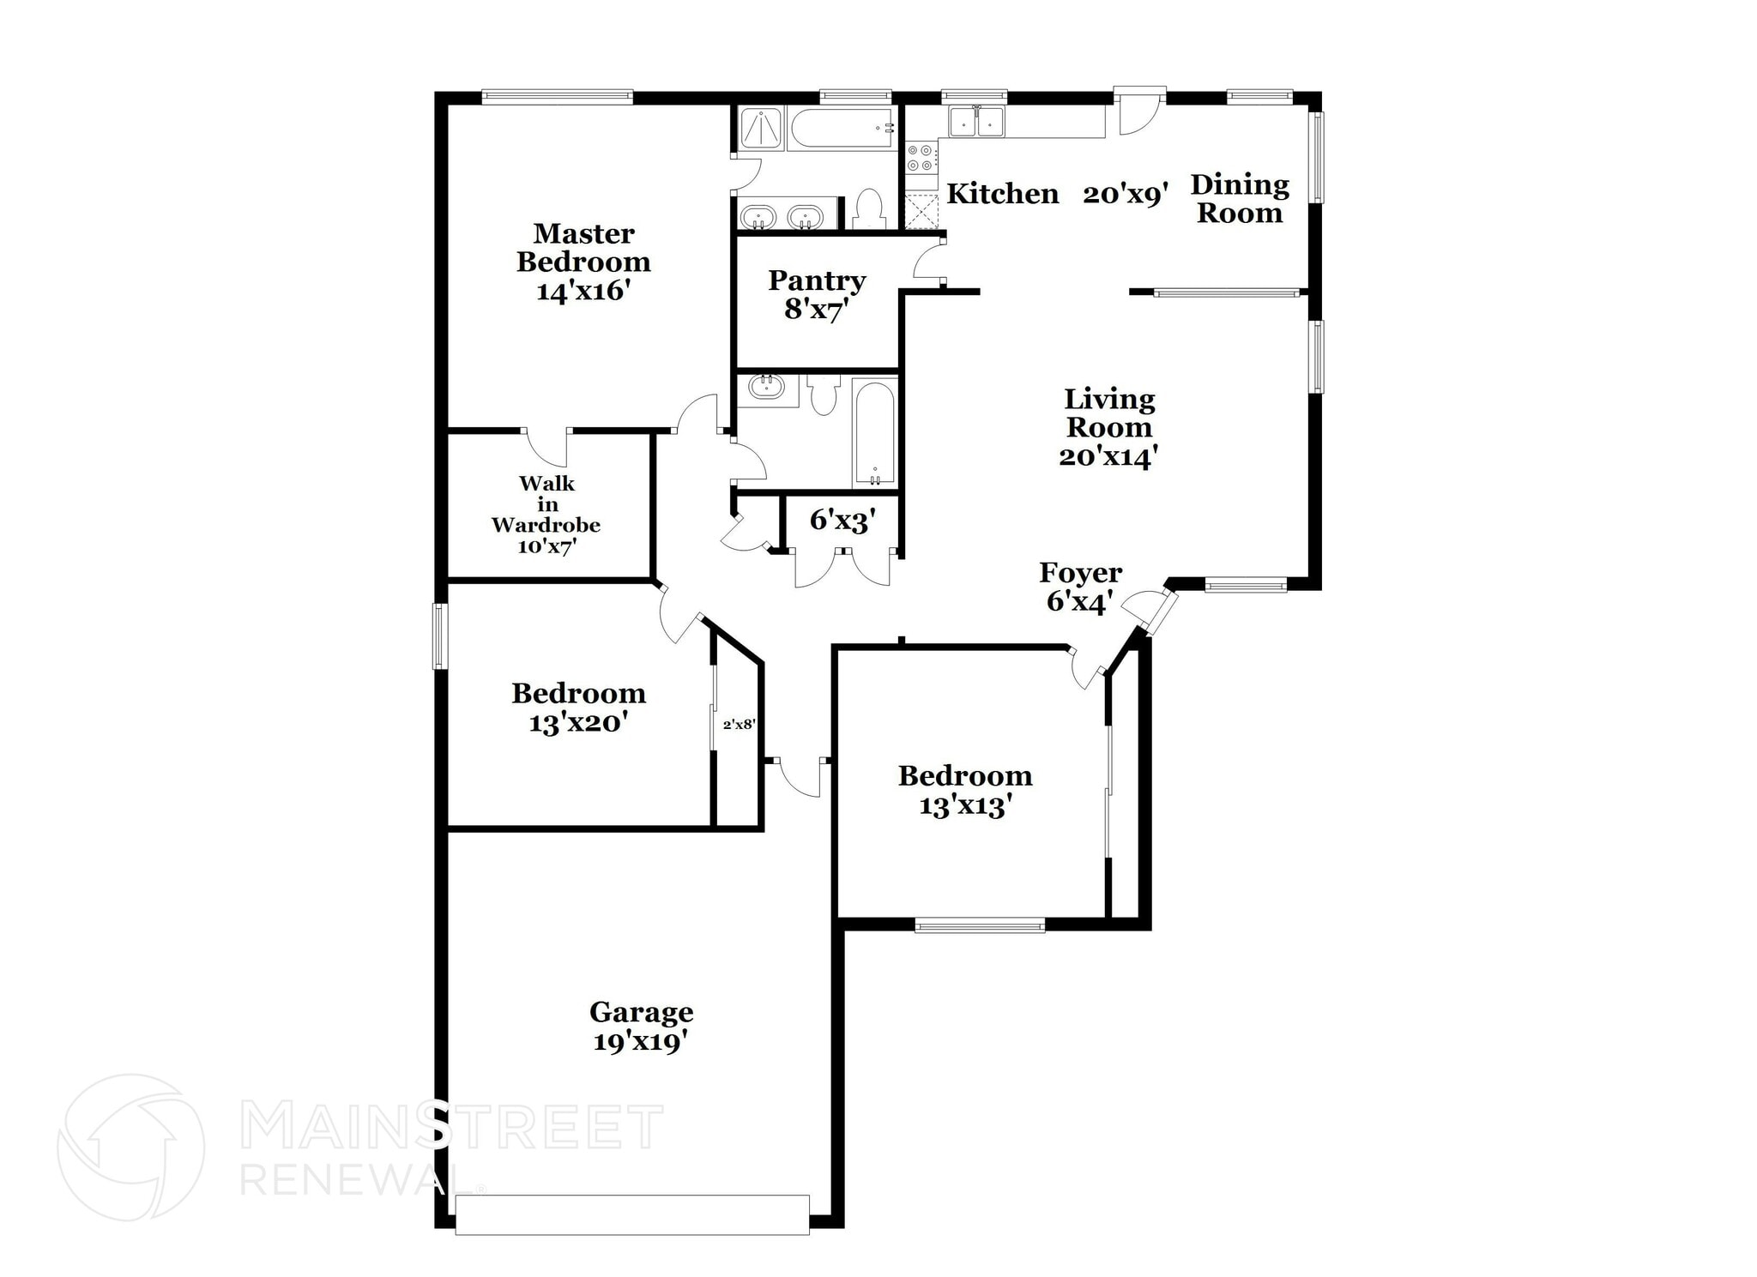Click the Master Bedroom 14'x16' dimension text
583,292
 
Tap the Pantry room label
816,280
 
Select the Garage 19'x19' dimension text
641,1042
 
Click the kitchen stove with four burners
921,158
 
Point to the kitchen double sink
976,122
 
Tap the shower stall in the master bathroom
760,130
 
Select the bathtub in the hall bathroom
874,433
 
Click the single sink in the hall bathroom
767,388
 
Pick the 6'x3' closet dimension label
842,520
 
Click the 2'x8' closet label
739,725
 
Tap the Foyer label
1080,573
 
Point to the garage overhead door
631,1216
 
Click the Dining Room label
1240,198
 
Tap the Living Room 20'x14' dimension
1108,456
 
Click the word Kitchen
1002,194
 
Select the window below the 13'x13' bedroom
979,925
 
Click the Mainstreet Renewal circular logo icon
130,1147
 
